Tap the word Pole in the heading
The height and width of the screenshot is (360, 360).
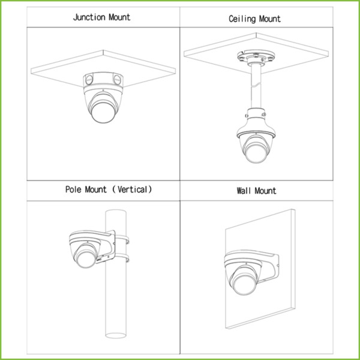coord(73,190)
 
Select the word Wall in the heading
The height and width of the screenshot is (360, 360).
coord(244,191)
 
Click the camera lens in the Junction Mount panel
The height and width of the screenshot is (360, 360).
coord(103,113)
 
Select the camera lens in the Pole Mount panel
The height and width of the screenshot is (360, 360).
coord(85,259)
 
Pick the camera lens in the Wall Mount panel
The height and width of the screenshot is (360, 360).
coord(244,284)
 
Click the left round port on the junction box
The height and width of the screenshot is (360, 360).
coord(89,80)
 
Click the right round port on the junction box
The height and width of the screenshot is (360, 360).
coord(117,80)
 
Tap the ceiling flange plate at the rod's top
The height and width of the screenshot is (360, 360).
coord(256,57)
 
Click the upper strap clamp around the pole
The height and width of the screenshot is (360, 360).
coord(122,239)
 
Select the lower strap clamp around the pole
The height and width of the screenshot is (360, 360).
coord(122,258)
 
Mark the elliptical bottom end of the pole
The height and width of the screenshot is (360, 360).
coord(116,335)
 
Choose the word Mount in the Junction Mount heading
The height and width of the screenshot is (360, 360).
coord(119,17)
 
